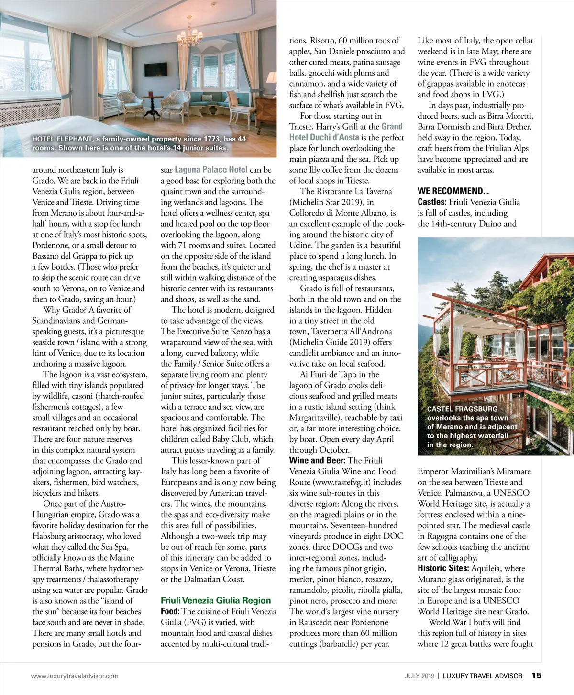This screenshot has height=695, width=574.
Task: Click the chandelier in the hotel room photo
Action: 189,36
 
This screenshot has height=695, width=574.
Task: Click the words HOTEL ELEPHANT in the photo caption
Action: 62,139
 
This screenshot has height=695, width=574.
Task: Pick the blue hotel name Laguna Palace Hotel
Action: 211,170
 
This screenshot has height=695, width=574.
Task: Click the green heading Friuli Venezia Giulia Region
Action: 216,600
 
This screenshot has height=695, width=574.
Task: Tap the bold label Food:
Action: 170,611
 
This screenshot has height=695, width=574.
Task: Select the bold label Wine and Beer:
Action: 317,460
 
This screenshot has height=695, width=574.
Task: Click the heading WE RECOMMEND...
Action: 453,191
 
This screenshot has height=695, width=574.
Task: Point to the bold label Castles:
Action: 433,202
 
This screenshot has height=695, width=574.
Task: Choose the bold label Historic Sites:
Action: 443,568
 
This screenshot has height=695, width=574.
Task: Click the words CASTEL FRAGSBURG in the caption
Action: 462,409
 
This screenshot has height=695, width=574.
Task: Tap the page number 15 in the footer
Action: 536,675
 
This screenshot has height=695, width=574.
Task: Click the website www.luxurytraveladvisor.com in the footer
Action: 75,676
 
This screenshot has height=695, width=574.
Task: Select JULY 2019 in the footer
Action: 419,676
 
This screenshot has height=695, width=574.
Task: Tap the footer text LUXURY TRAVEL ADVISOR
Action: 482,676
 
